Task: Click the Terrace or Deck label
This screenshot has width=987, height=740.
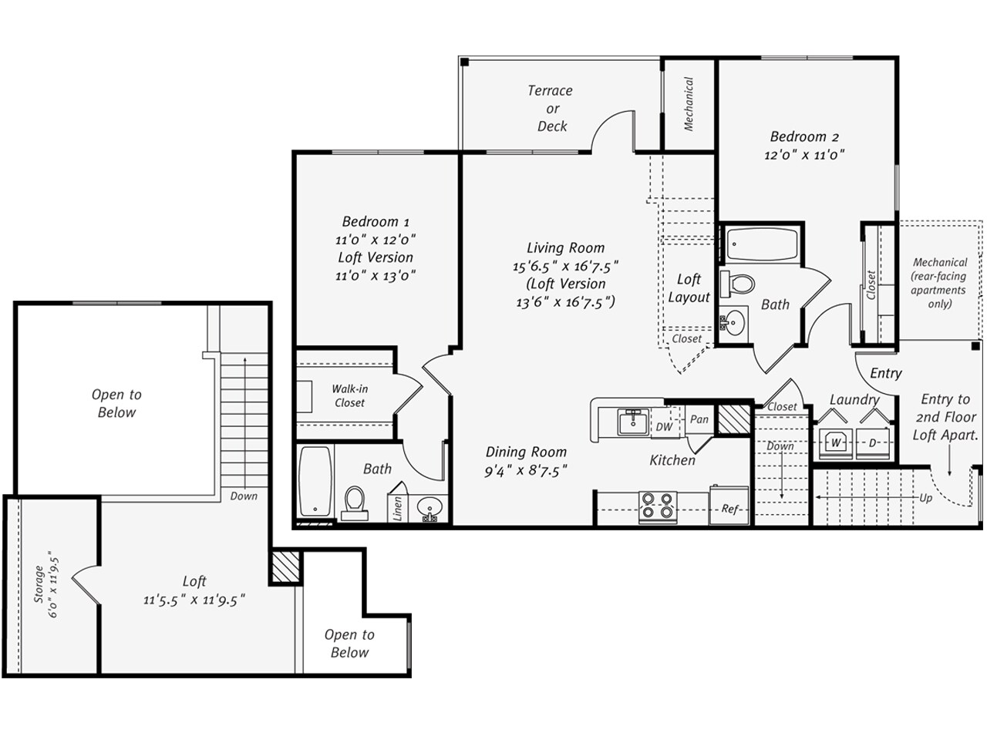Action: (x=551, y=109)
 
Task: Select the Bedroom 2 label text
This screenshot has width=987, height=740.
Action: (x=804, y=137)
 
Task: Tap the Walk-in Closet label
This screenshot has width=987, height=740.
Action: (x=349, y=396)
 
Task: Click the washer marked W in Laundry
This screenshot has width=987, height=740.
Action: (x=835, y=443)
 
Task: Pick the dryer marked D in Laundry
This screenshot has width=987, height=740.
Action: (x=873, y=443)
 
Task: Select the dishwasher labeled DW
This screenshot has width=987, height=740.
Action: (x=664, y=426)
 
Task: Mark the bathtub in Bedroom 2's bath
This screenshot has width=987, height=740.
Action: (x=759, y=244)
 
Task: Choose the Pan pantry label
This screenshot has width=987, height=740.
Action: (x=699, y=419)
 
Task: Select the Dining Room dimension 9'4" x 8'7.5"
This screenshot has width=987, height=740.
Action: (x=526, y=470)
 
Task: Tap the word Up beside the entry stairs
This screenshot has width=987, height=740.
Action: (x=925, y=498)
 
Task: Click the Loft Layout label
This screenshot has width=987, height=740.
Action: (x=689, y=288)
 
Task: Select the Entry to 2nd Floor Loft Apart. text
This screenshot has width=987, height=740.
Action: (x=945, y=417)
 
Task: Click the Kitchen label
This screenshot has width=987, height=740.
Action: (x=672, y=460)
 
